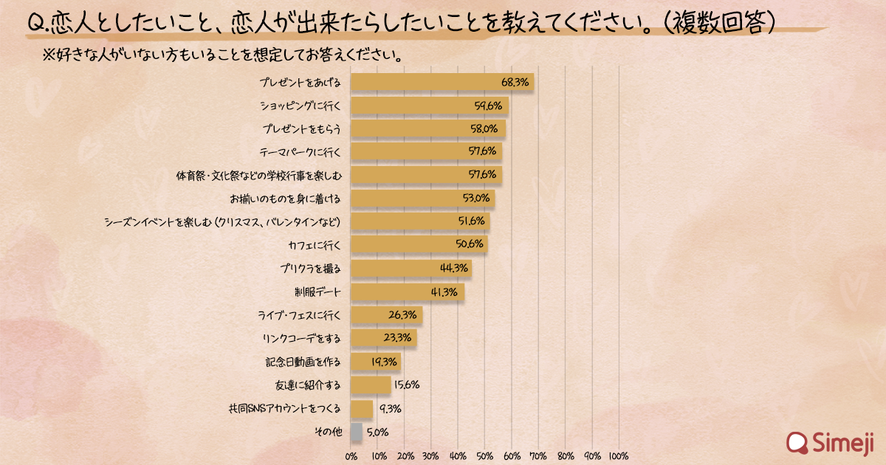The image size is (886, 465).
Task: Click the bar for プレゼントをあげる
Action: click(x=442, y=82)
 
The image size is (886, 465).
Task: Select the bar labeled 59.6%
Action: click(x=429, y=106)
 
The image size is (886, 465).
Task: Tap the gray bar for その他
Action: click(x=357, y=431)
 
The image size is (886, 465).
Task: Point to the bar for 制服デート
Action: click(x=407, y=292)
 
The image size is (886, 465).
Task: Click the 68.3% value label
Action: click(x=515, y=83)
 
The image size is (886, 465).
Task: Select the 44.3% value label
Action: click(x=454, y=269)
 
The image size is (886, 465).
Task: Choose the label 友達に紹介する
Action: click(x=307, y=385)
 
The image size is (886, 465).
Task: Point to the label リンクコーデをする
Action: click(x=301, y=339)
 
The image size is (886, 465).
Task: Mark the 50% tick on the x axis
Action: click(x=485, y=455)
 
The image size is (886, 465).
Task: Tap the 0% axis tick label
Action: click(x=351, y=455)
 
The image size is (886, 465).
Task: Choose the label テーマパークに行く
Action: click(x=302, y=152)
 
